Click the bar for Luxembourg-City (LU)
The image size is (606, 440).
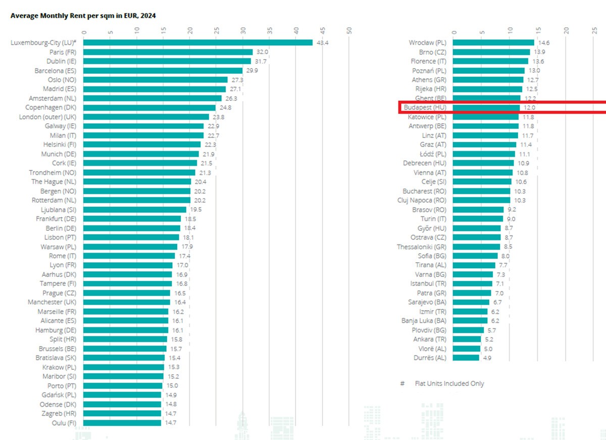198,42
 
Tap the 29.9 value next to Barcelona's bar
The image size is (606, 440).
252,71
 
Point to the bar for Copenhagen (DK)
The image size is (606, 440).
150,108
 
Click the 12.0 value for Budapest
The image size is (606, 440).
528,108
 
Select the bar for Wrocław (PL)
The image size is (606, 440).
493,43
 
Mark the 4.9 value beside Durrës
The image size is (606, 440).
487,358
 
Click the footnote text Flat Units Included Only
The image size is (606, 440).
449,383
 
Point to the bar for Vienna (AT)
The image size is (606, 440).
483,173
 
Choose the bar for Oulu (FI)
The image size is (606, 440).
123,422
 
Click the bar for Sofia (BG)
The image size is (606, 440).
475,256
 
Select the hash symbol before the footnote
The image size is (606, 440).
402,383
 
